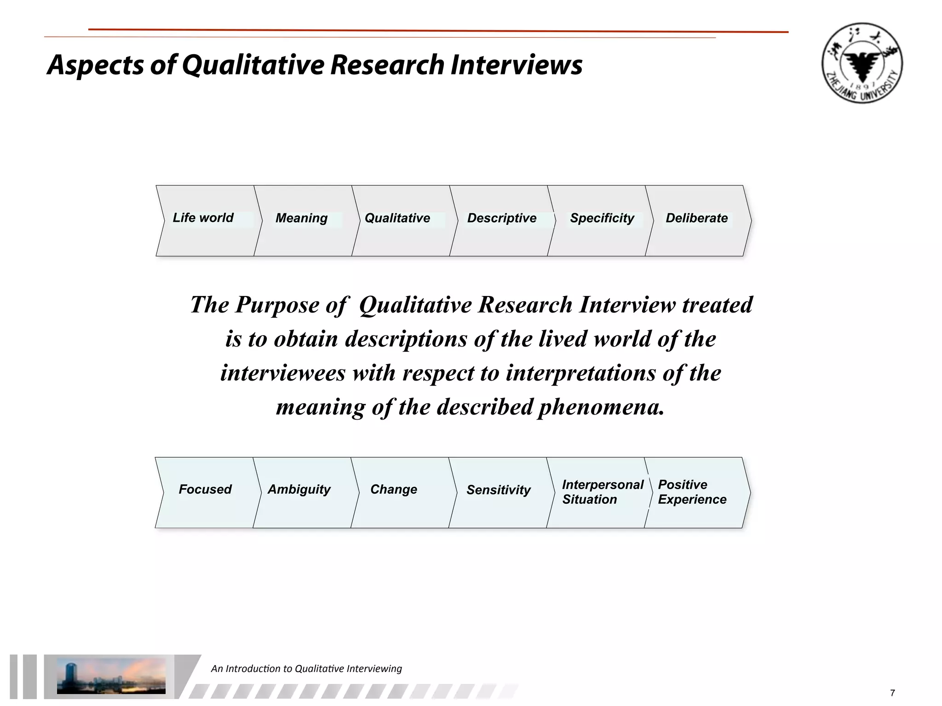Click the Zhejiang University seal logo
(862, 63)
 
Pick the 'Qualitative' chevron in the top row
(401, 221)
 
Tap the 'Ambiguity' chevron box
(302, 492)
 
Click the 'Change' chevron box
(398, 492)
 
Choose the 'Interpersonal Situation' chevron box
(599, 492)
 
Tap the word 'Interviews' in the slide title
(516, 64)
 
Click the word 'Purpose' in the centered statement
(277, 305)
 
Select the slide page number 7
(893, 693)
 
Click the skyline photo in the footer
(111, 676)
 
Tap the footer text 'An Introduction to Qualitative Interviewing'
(306, 669)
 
